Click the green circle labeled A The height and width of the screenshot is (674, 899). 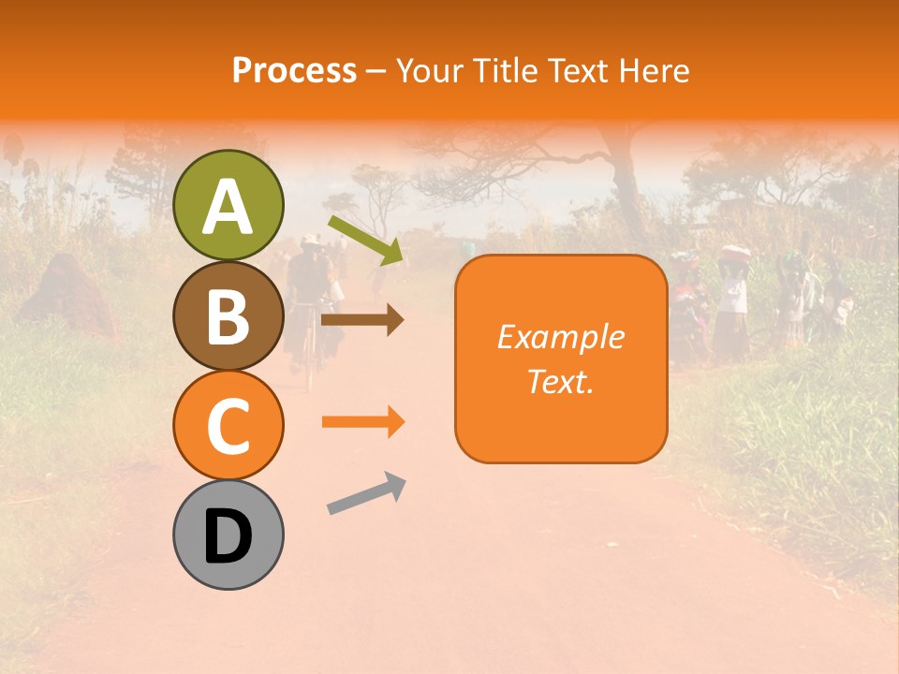pyautogui.click(x=228, y=205)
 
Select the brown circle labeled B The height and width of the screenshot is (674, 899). pyautogui.click(x=228, y=315)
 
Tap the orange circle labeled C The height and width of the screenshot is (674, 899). pyautogui.click(x=228, y=425)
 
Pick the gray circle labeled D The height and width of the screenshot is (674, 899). pyautogui.click(x=228, y=535)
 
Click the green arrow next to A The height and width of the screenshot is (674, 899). pyautogui.click(x=366, y=240)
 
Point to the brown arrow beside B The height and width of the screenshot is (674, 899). pyautogui.click(x=362, y=320)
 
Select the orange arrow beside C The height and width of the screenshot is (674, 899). pyautogui.click(x=362, y=422)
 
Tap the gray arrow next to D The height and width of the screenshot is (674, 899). pyautogui.click(x=366, y=494)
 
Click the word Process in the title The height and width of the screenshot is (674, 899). pyautogui.click(x=294, y=70)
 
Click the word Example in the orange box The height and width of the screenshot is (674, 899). pyautogui.click(x=560, y=337)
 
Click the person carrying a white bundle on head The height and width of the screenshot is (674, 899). pyautogui.click(x=734, y=300)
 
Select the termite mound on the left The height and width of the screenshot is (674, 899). pyautogui.click(x=66, y=295)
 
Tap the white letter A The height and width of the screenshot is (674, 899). pyautogui.click(x=228, y=206)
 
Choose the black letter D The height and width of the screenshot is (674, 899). pyautogui.click(x=228, y=536)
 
